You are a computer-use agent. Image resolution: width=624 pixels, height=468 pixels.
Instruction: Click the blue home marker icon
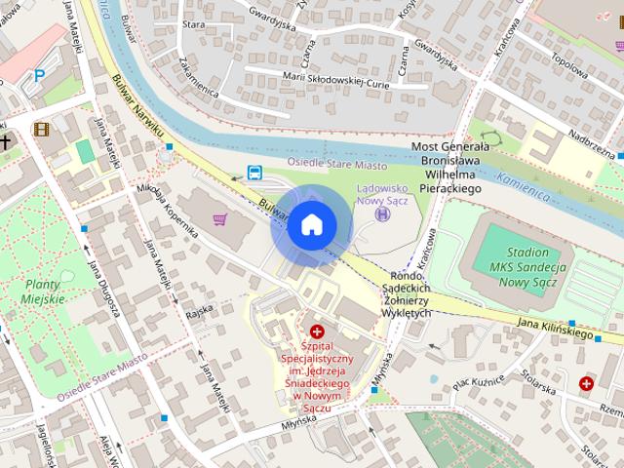(311, 225)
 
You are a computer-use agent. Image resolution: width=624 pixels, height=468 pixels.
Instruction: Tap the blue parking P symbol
(39, 75)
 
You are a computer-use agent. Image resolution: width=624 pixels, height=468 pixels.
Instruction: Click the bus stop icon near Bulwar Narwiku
(253, 174)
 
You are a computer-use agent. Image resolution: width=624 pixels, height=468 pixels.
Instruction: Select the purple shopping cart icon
(220, 218)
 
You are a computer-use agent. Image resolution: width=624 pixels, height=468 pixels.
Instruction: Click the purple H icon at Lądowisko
(381, 214)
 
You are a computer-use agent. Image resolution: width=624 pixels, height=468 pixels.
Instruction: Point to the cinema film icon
(41, 129)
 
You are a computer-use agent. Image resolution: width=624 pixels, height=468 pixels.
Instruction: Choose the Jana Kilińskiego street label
(555, 328)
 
